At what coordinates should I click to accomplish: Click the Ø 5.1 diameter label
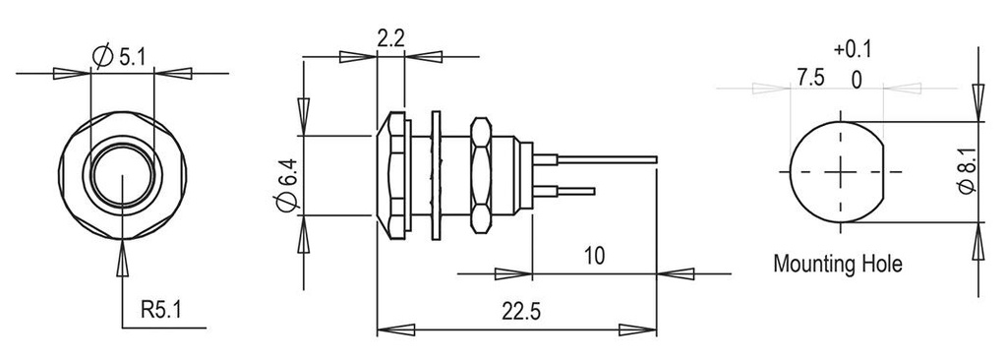[x=120, y=58]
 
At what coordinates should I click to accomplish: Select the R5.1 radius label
[x=160, y=313]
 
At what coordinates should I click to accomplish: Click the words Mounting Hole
[x=837, y=264]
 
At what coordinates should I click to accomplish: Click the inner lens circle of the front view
[x=121, y=174]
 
